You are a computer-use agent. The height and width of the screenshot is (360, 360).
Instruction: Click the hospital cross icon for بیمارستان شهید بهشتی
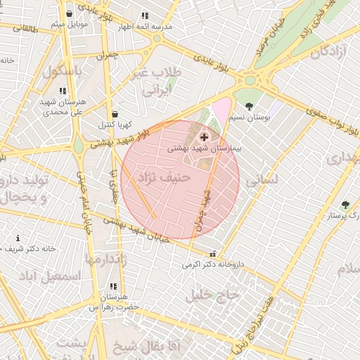pos(204,136)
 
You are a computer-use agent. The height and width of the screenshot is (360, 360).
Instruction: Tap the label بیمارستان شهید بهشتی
pos(205,149)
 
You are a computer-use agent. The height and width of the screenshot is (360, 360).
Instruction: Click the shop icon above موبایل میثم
pos(69,13)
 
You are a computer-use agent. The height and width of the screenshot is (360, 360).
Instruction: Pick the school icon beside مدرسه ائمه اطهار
pos(145,15)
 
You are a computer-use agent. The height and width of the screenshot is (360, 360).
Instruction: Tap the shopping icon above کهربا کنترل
pos(115,114)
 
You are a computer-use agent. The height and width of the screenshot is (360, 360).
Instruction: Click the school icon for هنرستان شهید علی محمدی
pos(63,91)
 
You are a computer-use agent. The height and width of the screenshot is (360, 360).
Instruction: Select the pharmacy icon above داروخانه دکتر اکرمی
pos(212,255)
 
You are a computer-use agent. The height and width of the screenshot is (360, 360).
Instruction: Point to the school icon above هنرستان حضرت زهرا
pos(112,286)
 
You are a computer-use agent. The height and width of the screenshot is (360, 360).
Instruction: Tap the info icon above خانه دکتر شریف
pos(18,238)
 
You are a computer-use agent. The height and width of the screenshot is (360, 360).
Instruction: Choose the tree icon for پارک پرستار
pos(345,205)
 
